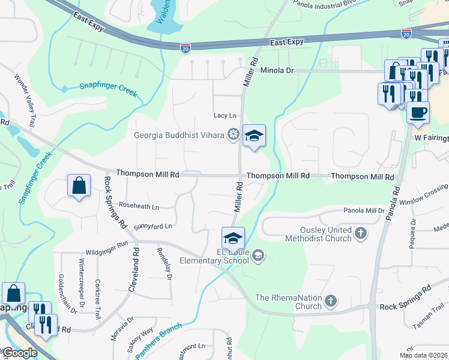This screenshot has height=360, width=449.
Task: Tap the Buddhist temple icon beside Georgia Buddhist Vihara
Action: [233, 134]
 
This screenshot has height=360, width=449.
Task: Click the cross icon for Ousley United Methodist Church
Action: [361, 233]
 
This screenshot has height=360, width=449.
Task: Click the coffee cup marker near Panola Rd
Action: [418, 112]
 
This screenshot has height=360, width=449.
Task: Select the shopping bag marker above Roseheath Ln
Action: [79, 187]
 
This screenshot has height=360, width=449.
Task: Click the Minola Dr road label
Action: [277, 70]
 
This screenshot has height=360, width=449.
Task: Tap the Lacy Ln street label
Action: [225, 115]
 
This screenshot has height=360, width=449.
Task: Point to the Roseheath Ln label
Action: [139, 206]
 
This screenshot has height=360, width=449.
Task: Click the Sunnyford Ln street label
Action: [152, 226]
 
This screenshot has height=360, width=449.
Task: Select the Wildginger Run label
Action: [106, 253]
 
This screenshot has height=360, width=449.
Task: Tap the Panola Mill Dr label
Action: [364, 211]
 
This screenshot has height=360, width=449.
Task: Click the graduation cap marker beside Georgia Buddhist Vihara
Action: [254, 137]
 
